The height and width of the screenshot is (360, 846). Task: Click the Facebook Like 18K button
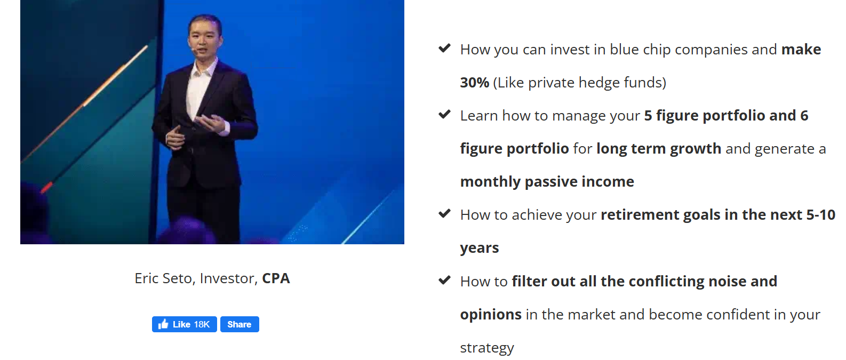pos(185,324)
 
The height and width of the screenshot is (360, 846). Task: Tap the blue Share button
pos(240,324)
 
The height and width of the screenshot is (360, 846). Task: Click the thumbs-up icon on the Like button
pos(163,324)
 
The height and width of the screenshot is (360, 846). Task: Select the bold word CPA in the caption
pos(276,278)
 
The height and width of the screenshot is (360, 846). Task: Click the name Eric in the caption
pos(146,278)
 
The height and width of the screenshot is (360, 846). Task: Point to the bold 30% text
pos(475,83)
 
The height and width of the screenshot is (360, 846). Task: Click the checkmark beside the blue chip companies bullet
pos(444,49)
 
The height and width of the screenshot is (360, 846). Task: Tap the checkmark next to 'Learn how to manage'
pos(444,115)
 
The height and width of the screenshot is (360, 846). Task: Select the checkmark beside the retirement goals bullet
pos(444,214)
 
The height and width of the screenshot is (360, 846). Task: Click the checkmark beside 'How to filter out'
pos(444,281)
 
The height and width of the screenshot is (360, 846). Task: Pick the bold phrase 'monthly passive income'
pos(547,182)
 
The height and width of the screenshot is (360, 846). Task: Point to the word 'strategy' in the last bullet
pos(487,348)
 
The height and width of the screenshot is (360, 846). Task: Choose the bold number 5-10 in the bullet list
pos(820,215)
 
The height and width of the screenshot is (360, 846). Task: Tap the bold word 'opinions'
pos(491,315)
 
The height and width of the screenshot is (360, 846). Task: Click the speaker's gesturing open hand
pos(213,123)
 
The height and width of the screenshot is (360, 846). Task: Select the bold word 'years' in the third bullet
pos(480,248)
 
